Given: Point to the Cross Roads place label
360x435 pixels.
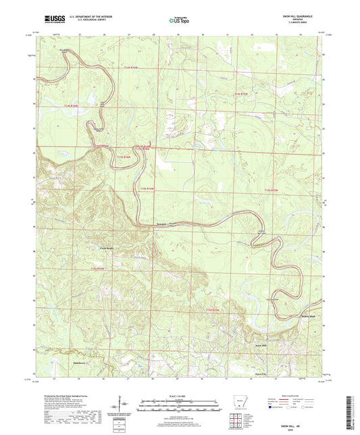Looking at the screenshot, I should click(100, 248).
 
